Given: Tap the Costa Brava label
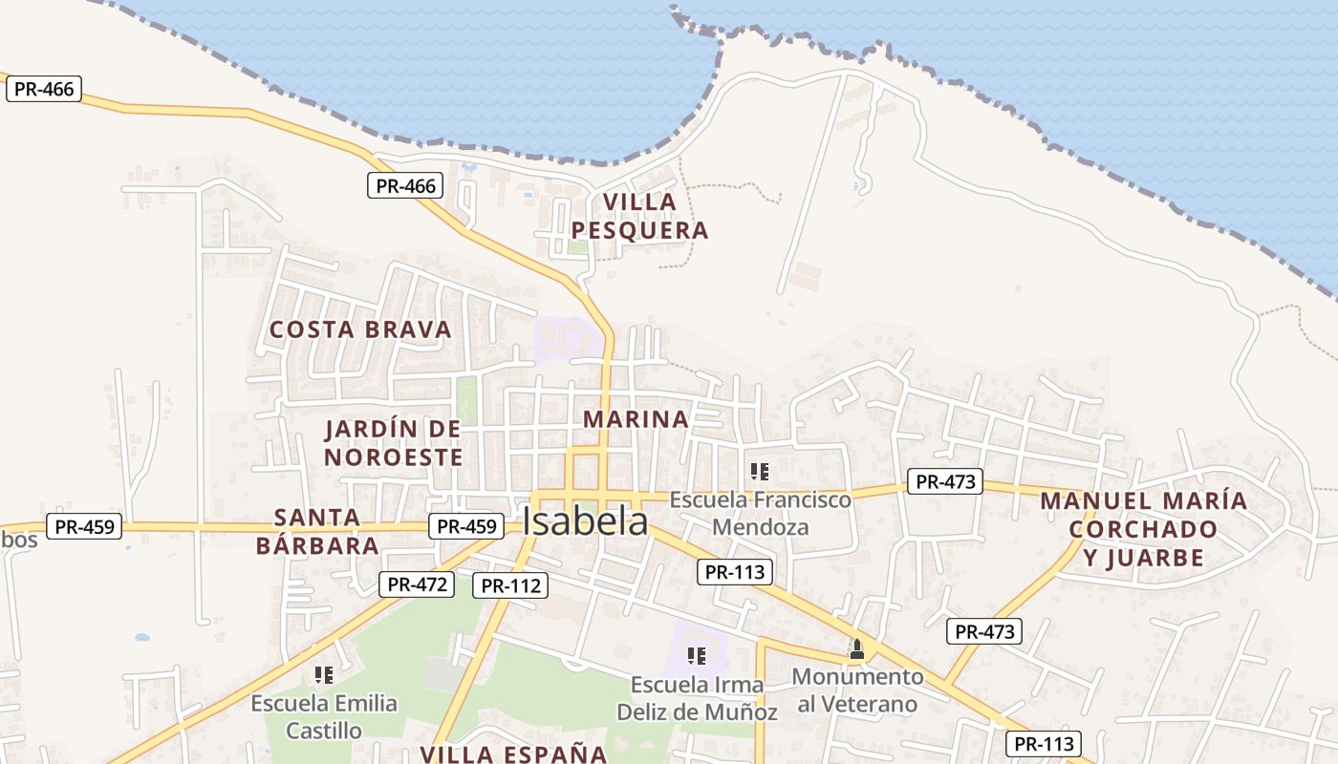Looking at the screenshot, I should (360, 329).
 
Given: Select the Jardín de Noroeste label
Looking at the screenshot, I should (393, 443).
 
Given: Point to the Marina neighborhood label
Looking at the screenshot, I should (636, 418).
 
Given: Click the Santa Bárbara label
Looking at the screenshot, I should (317, 532).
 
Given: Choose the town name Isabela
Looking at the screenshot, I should (585, 521).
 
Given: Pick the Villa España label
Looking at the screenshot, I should (514, 753).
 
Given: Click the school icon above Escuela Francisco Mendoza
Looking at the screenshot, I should (760, 472).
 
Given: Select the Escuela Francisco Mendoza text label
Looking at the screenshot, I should (760, 513).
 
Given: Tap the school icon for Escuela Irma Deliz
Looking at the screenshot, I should (697, 656).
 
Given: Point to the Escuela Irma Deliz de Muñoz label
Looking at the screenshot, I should (697, 698).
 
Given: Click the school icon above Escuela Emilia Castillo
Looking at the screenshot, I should (324, 675).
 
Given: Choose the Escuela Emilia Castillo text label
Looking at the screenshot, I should (324, 717).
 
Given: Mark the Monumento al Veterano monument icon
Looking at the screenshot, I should (856, 650).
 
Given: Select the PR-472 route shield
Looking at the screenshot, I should (416, 584).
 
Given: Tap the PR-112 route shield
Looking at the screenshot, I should (510, 585).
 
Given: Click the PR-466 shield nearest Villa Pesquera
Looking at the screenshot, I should (405, 185).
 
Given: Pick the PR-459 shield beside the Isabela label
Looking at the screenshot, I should (465, 525).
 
